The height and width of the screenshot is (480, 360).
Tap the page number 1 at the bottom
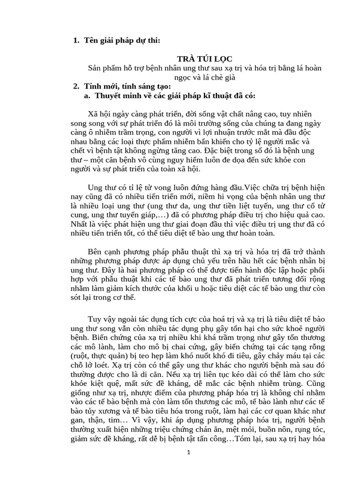pos(188,452)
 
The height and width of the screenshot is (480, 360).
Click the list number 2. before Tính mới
pos(76,87)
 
